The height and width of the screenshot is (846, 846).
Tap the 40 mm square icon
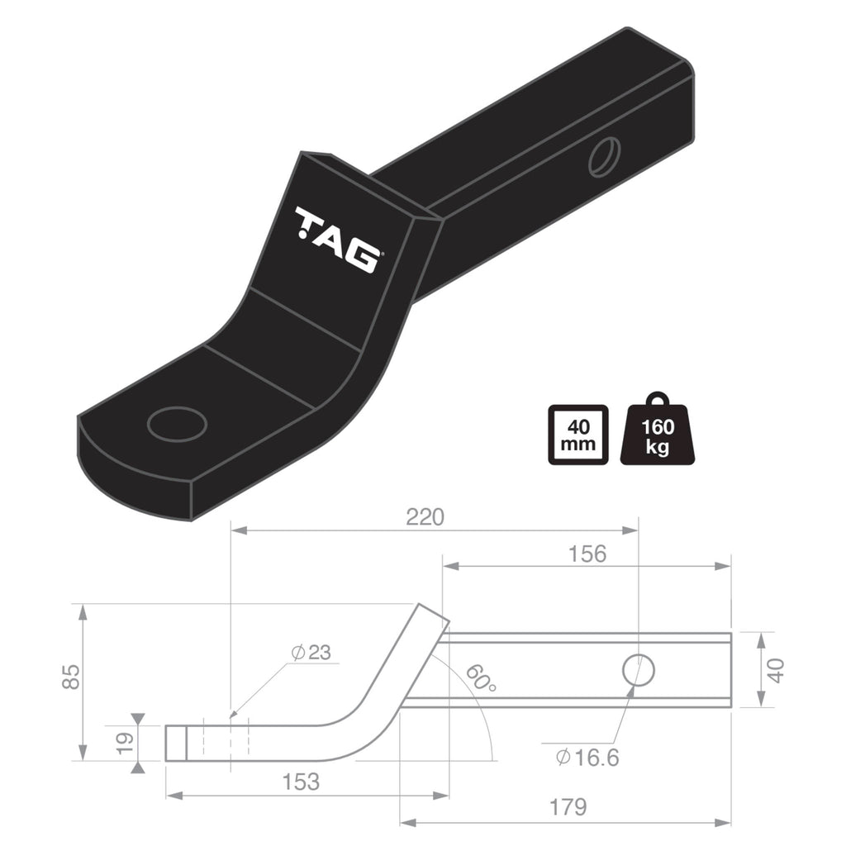[x=577, y=435]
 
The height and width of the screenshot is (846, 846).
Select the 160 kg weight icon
[x=658, y=432]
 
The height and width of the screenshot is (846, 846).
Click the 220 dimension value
[x=425, y=517]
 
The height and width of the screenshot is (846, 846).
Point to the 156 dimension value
[x=587, y=554]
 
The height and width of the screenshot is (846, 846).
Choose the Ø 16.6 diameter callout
[x=588, y=757]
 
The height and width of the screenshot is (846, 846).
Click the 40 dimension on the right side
[x=776, y=669]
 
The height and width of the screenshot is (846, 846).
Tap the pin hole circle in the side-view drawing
[x=639, y=669]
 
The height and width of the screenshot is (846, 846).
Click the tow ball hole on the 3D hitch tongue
[x=177, y=424]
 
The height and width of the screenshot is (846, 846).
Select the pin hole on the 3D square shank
[x=604, y=157]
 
